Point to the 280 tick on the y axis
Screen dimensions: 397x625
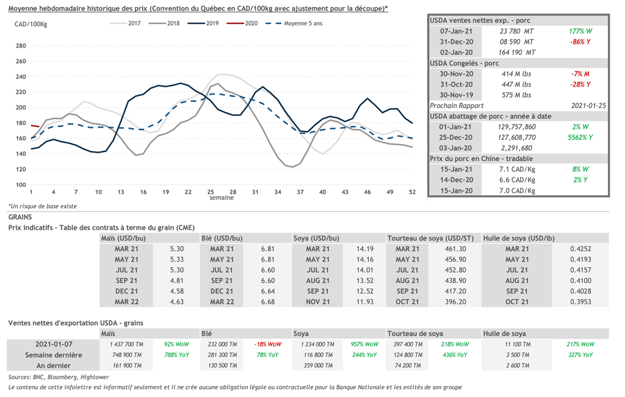(20, 46)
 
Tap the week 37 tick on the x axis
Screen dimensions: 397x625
(300, 192)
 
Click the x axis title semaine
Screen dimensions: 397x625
(221, 198)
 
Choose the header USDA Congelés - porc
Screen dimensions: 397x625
(465, 63)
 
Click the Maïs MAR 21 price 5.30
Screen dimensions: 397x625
(176, 249)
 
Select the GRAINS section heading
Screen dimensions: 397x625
(21, 217)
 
